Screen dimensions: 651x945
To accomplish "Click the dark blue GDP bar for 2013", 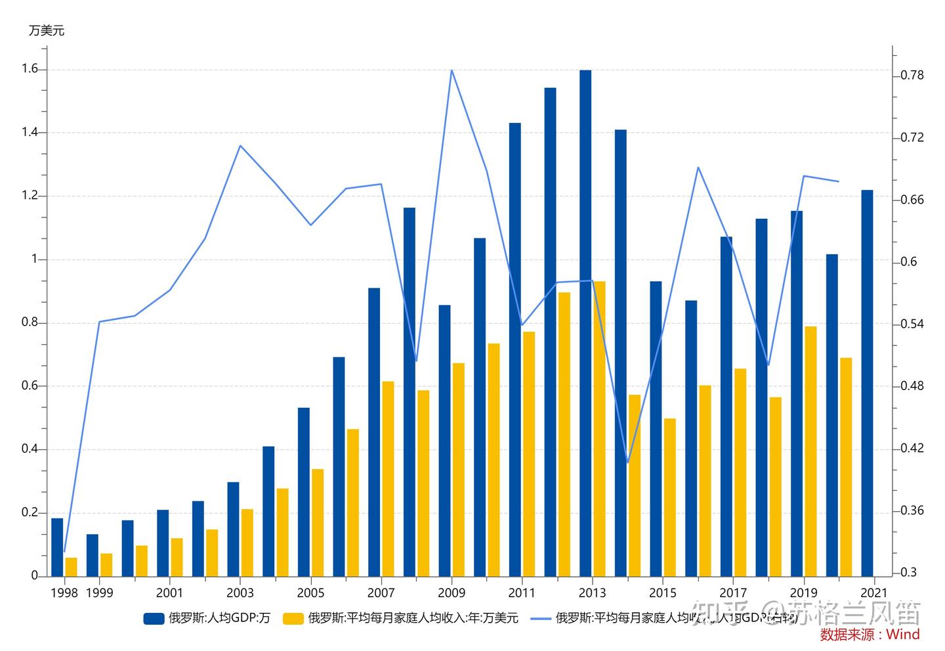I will pyautogui.click(x=585, y=322).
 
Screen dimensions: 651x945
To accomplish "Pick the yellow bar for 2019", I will pyautogui.click(x=810, y=451).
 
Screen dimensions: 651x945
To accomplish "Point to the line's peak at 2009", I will pyautogui.click(x=452, y=70).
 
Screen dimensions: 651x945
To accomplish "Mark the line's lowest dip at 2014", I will pyautogui.click(x=628, y=462).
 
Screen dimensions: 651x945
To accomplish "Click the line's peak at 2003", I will pyautogui.click(x=240, y=146).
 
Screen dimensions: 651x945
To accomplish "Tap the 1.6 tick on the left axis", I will pyautogui.click(x=30, y=69).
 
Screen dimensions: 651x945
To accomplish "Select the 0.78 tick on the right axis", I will pyautogui.click(x=912, y=76).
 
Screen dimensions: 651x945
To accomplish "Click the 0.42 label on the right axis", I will pyautogui.click(x=912, y=449).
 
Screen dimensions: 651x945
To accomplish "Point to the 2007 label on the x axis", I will pyautogui.click(x=381, y=593).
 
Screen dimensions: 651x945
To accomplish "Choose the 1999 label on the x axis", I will pyautogui.click(x=99, y=593).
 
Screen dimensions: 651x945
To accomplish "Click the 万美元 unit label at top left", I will pyautogui.click(x=47, y=31).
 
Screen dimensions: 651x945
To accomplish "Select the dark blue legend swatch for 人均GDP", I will pyautogui.click(x=154, y=618).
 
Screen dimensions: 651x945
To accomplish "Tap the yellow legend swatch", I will pyautogui.click(x=293, y=618).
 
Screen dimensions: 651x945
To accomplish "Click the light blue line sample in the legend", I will pyautogui.click(x=541, y=618).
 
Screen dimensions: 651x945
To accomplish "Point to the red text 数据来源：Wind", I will pyautogui.click(x=870, y=635).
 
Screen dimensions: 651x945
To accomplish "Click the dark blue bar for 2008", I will pyautogui.click(x=409, y=392).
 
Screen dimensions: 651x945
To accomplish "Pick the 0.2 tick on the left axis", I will pyautogui.click(x=30, y=512).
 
